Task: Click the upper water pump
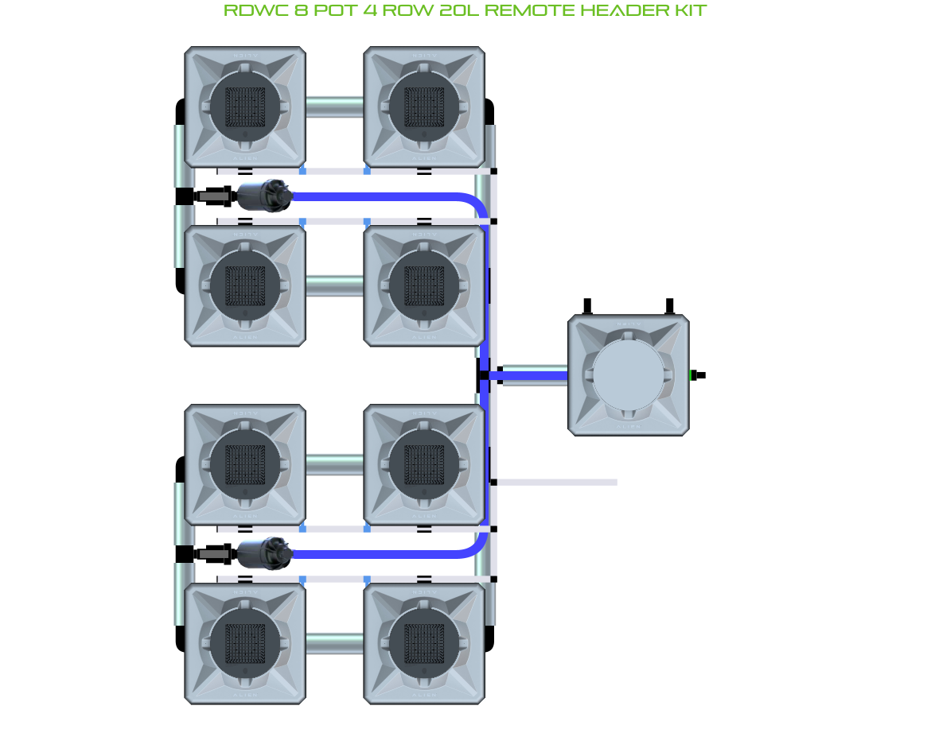click(261, 195)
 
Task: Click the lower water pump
click(261, 551)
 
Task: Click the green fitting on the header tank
click(691, 375)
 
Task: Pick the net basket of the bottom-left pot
click(245, 643)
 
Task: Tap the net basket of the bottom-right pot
click(424, 643)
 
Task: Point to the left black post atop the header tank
click(587, 307)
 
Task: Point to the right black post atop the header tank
click(669, 307)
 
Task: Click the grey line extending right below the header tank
click(557, 482)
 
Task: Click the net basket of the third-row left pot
click(245, 464)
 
